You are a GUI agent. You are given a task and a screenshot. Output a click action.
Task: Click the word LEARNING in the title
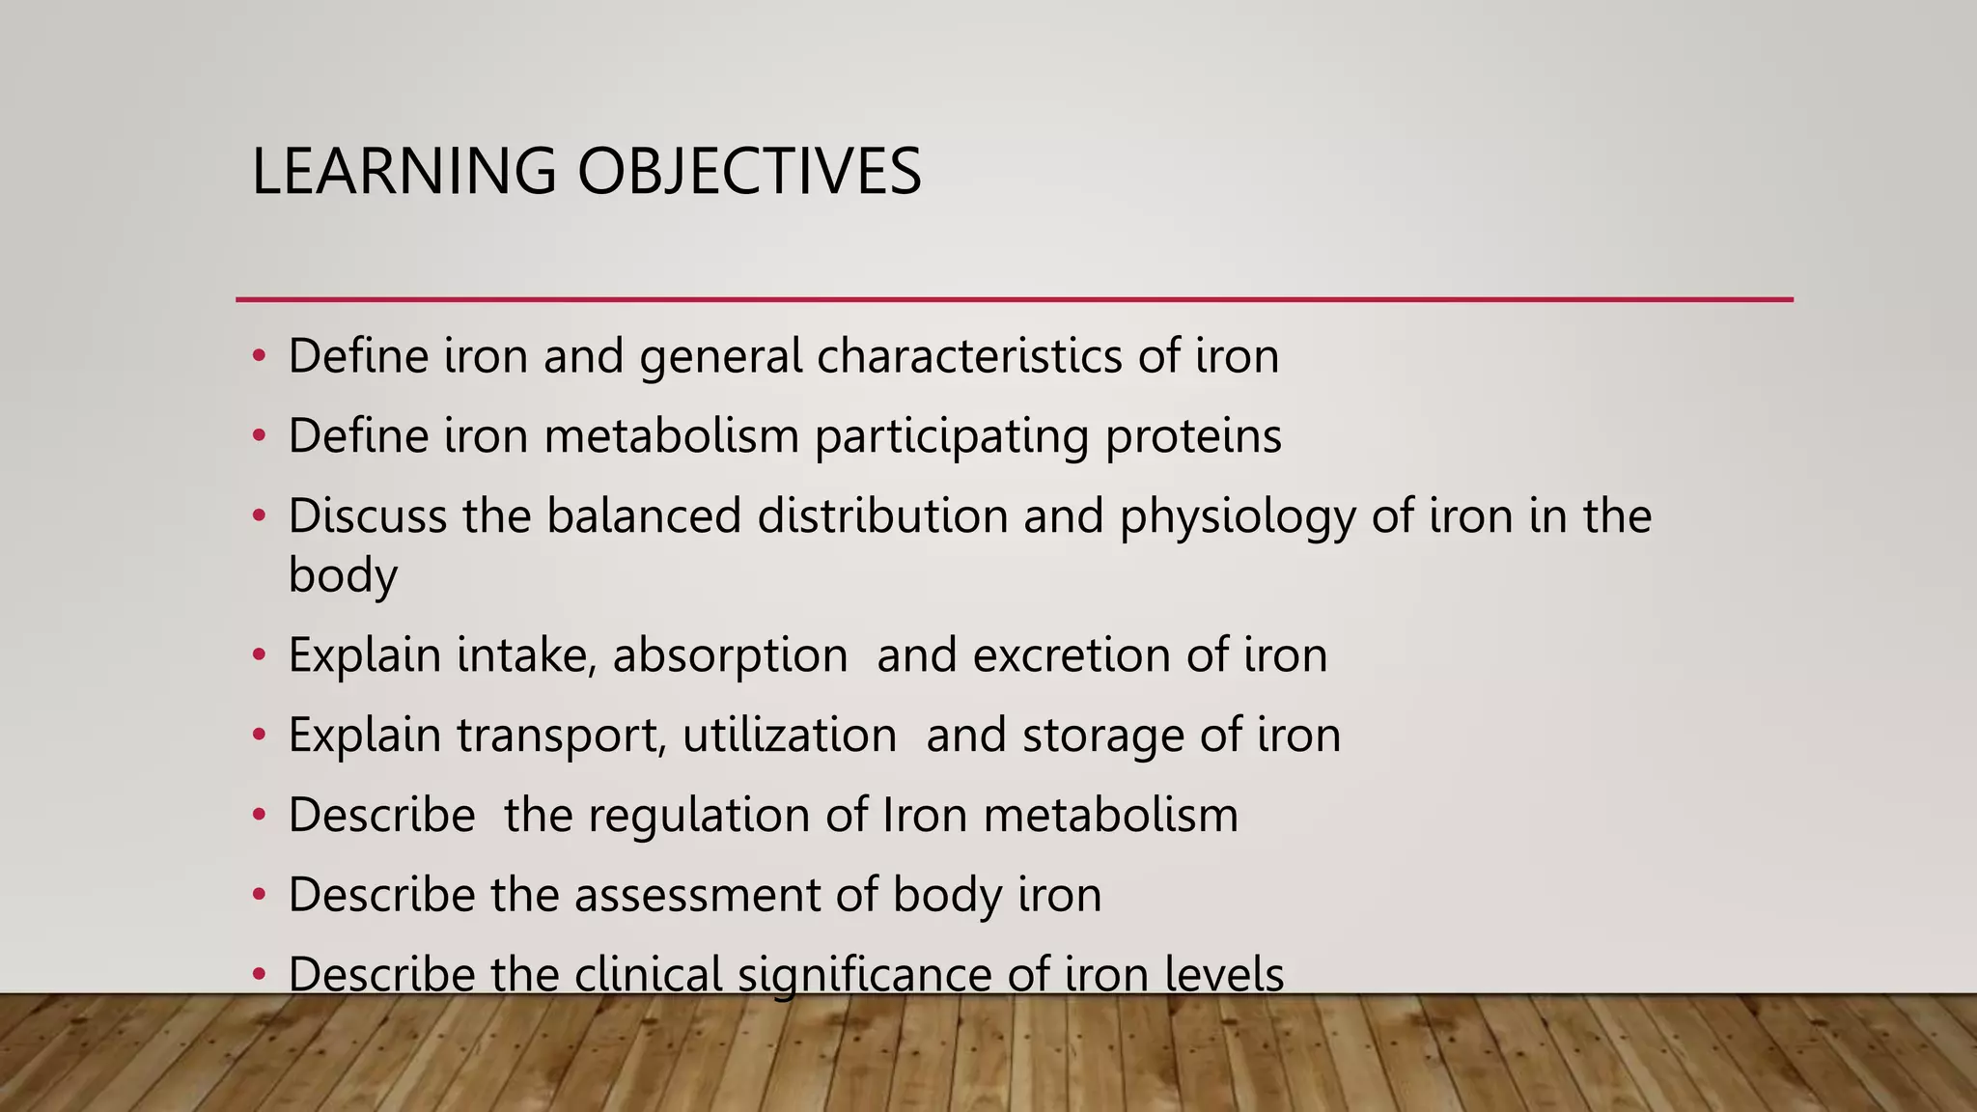click(404, 172)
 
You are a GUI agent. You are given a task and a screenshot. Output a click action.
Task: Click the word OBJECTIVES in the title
click(749, 172)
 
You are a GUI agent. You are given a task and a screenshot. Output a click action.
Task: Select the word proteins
click(1193, 436)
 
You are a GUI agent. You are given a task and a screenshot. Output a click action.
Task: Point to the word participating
click(951, 436)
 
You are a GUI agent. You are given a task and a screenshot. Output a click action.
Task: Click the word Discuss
click(367, 515)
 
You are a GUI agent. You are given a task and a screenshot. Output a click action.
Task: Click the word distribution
click(882, 515)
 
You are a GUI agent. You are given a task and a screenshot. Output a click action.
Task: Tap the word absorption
click(730, 656)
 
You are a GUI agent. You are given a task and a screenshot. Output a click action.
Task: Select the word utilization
click(790, 736)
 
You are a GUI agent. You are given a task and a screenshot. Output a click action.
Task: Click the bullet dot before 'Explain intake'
click(258, 655)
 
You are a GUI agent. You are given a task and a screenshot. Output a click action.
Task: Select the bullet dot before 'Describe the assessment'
click(258, 895)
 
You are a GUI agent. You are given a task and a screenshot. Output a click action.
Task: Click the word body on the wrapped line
click(343, 576)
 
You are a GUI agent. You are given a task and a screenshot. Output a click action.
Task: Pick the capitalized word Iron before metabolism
click(925, 815)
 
